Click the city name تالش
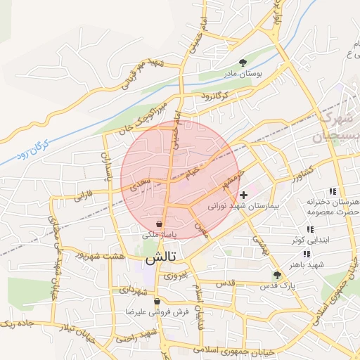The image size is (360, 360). pos(160,259)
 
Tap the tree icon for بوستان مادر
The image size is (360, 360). pos(243,62)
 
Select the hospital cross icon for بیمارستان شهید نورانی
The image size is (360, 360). pos(244,195)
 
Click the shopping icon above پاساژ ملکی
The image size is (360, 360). pos(160,224)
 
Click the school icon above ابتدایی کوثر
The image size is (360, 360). pos(309,229)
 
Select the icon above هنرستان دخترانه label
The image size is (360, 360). pos(333,191)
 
